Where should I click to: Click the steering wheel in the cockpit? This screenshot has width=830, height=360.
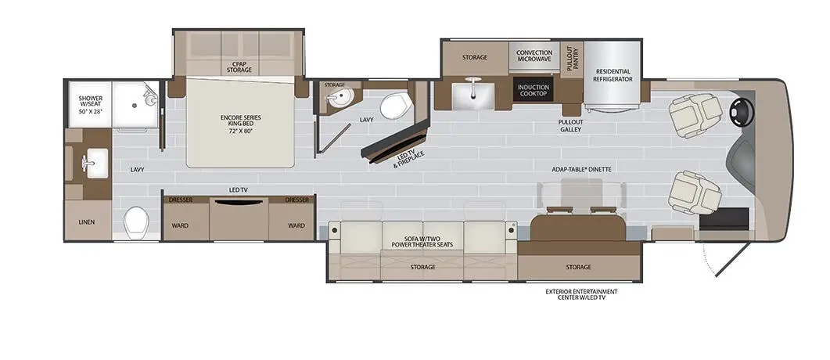tap(740, 113)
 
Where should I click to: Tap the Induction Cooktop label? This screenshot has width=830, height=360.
tap(534, 90)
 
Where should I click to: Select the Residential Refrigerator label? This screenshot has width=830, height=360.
tap(613, 75)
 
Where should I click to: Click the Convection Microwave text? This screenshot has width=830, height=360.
tap(534, 56)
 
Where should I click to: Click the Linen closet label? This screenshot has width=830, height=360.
tap(87, 221)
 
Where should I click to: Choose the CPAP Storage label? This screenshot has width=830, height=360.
tap(240, 67)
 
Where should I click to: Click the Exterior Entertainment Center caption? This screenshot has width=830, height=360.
tap(579, 294)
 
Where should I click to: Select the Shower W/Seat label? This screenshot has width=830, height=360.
tap(91, 105)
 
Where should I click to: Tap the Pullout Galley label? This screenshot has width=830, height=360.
tap(570, 125)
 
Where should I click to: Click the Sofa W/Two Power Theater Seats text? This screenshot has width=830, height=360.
tap(423, 240)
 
